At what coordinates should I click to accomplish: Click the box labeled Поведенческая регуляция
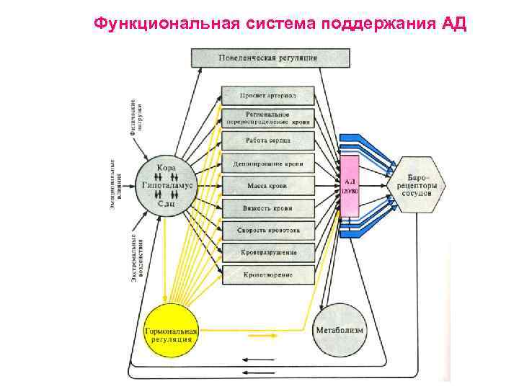click(x=270, y=58)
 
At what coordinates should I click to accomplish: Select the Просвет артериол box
click(x=268, y=96)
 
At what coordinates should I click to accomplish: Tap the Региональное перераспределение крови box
click(x=268, y=118)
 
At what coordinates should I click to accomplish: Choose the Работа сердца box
click(x=268, y=141)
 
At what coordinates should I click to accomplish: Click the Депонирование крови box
click(x=268, y=164)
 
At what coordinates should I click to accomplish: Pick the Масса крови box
click(x=268, y=186)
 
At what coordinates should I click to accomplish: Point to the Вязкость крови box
click(x=268, y=208)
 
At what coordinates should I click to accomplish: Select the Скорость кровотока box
click(x=268, y=231)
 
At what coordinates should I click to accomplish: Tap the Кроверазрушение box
click(x=268, y=253)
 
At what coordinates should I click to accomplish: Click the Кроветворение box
click(x=268, y=274)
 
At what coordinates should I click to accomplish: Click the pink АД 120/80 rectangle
click(x=350, y=185)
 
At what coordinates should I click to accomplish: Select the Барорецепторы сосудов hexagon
click(x=417, y=185)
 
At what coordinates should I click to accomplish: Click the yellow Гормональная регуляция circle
click(x=170, y=332)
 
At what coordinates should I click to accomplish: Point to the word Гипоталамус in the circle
click(x=167, y=185)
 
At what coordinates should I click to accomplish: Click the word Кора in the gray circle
click(x=167, y=168)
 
